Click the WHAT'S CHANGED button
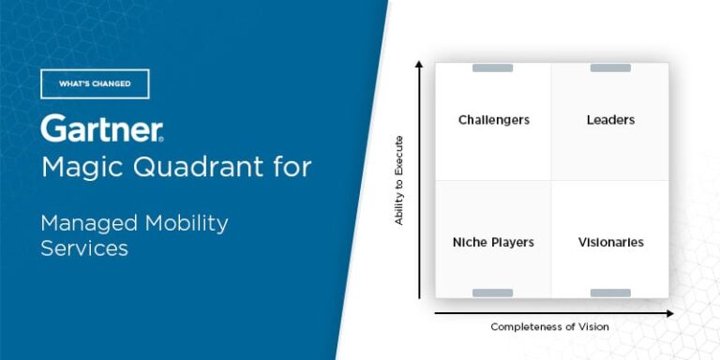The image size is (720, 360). pyautogui.click(x=95, y=83)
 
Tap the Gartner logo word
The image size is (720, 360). pyautogui.click(x=102, y=128)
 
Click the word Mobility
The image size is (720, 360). pyautogui.click(x=187, y=224)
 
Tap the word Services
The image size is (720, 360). pyautogui.click(x=84, y=248)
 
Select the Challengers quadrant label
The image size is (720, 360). pyautogui.click(x=494, y=120)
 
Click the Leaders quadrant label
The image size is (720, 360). pyautogui.click(x=610, y=120)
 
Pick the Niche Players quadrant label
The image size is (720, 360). pyautogui.click(x=493, y=242)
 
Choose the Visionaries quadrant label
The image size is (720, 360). pyautogui.click(x=610, y=242)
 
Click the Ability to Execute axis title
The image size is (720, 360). pyautogui.click(x=398, y=180)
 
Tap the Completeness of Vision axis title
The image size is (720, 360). pyautogui.click(x=549, y=327)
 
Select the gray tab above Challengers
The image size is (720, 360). pyautogui.click(x=492, y=67)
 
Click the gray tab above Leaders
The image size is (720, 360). pyautogui.click(x=610, y=67)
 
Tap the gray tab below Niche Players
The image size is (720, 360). pyautogui.click(x=492, y=292)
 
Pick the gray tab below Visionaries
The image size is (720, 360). pyautogui.click(x=610, y=292)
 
